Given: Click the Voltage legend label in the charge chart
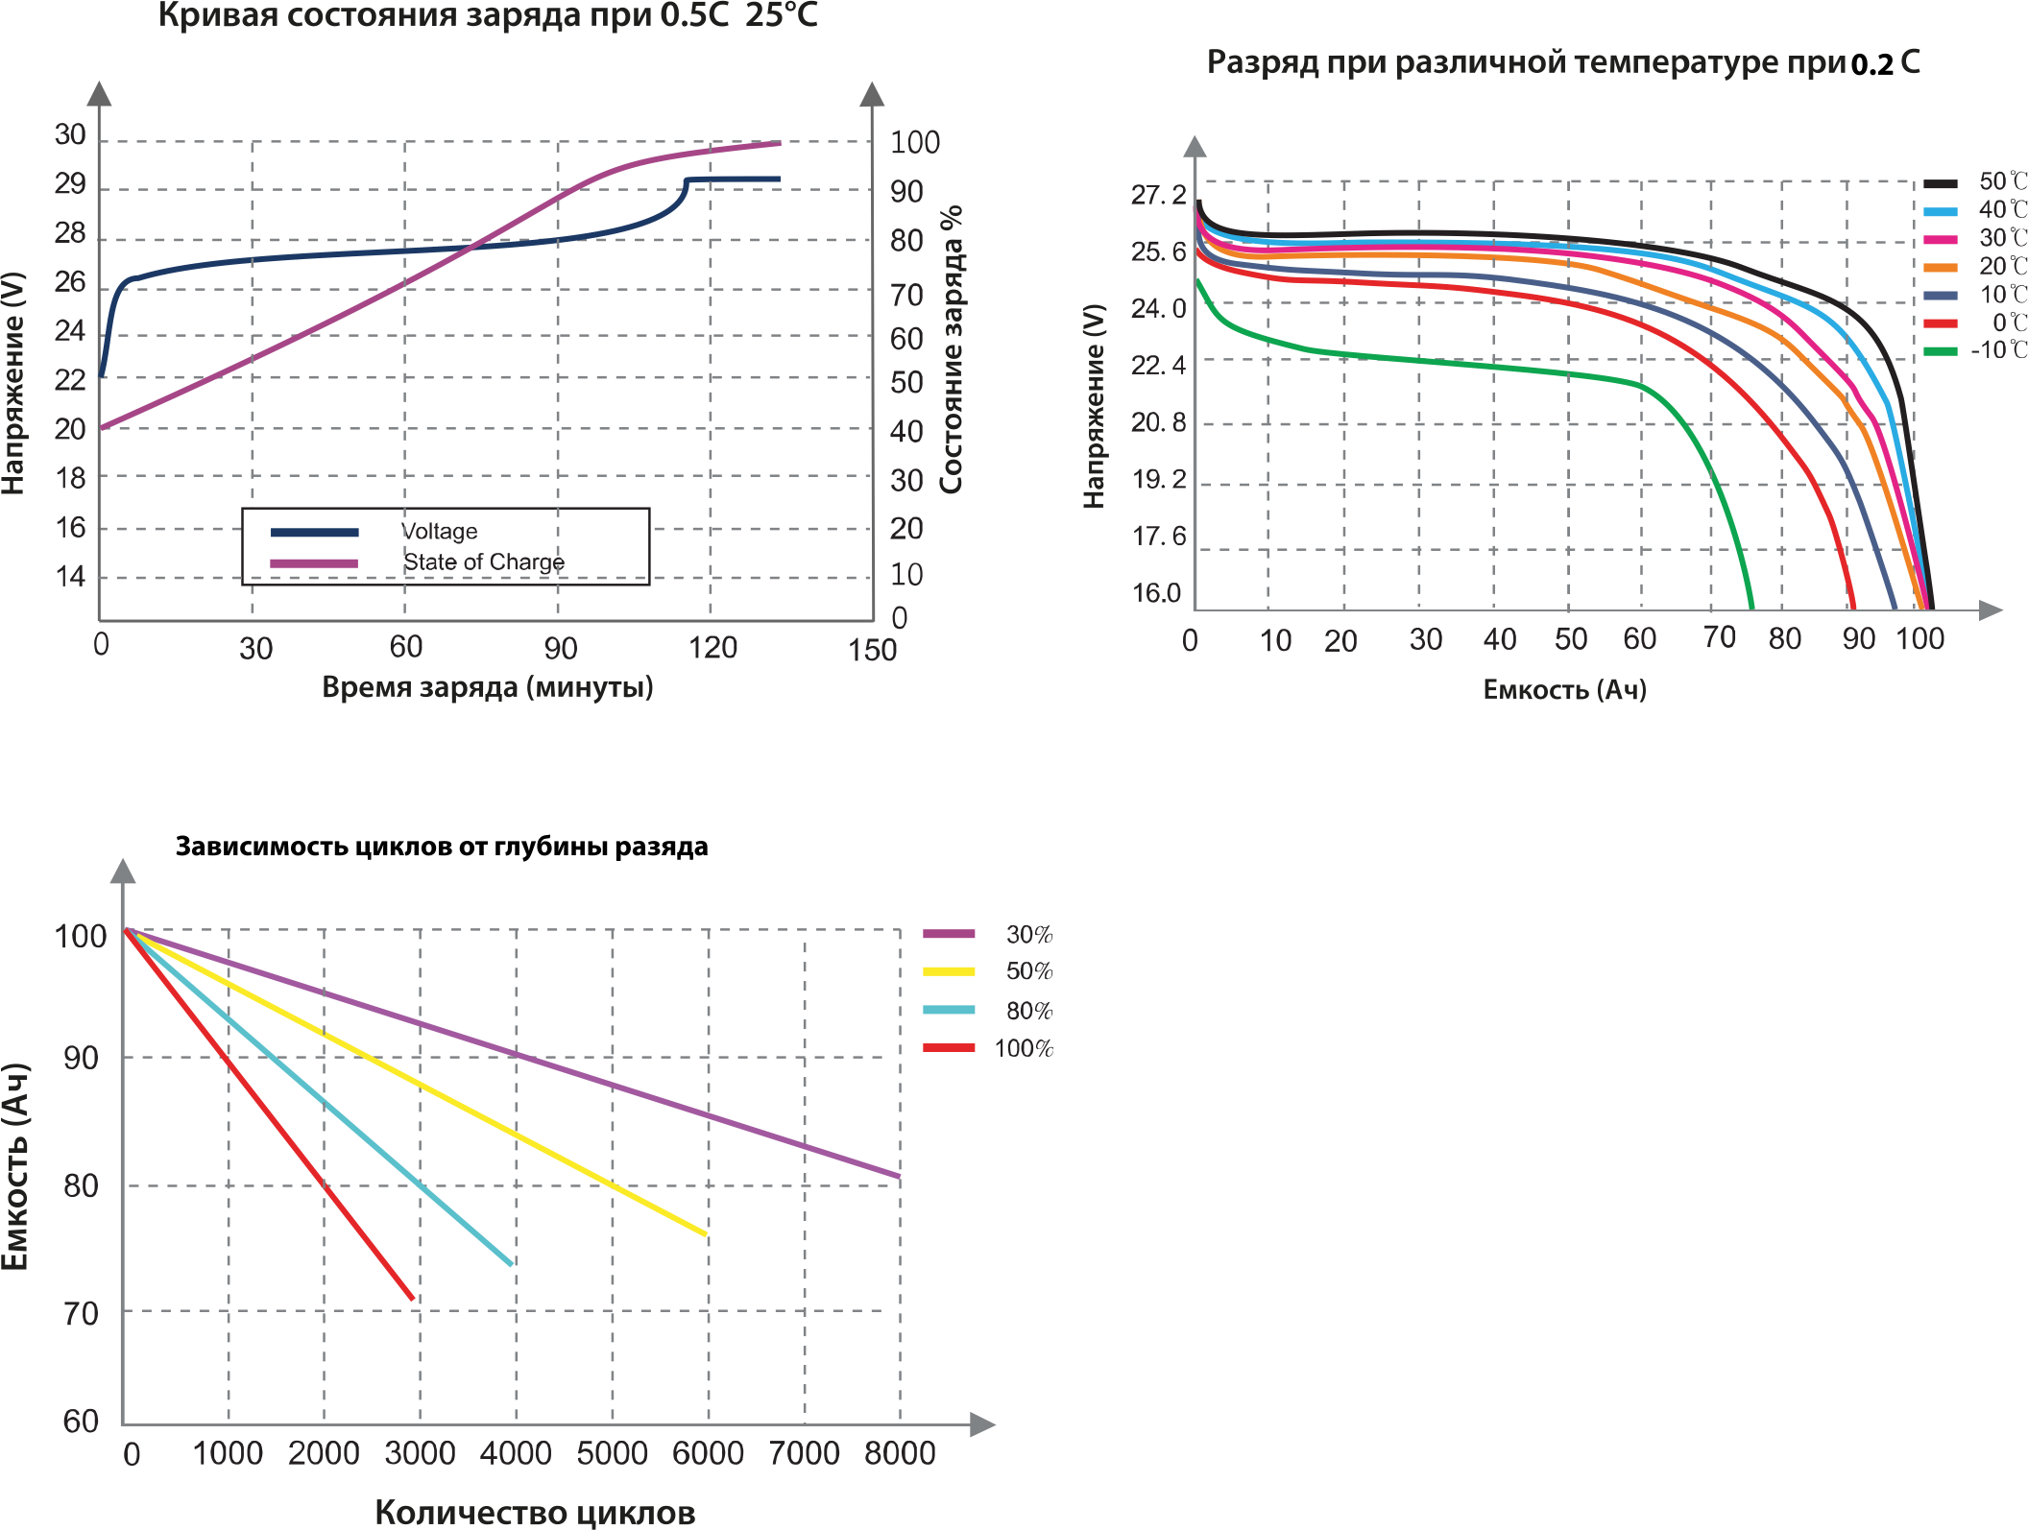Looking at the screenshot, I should (x=439, y=532).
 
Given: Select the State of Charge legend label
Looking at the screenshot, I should (x=483, y=562).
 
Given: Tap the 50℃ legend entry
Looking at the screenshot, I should (x=2002, y=181).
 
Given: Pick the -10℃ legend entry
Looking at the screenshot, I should (x=1997, y=350).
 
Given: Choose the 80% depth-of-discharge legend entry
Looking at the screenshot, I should (x=1029, y=1011).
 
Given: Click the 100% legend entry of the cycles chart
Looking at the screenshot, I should (x=1024, y=1048).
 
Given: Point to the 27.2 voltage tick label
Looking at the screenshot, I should (x=1158, y=196).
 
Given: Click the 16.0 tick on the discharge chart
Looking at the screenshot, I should (x=1156, y=593).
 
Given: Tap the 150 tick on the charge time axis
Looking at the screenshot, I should (x=872, y=651).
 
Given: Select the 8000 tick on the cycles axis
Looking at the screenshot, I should (x=900, y=1453).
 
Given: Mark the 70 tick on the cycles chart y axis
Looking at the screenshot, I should (x=82, y=1313).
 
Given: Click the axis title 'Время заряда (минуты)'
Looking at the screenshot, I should (x=488, y=687).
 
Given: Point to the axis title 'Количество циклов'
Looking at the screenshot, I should (x=535, y=1513).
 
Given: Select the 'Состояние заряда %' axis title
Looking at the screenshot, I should (x=951, y=349).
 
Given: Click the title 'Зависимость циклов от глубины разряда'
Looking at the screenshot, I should (x=442, y=847).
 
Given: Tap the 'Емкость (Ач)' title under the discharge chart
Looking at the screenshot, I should (x=1564, y=689).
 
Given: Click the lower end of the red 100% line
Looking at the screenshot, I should (x=412, y=1299).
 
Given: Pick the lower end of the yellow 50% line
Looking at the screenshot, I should (x=706, y=1234).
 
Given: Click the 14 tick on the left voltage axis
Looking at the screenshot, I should (x=70, y=577).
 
